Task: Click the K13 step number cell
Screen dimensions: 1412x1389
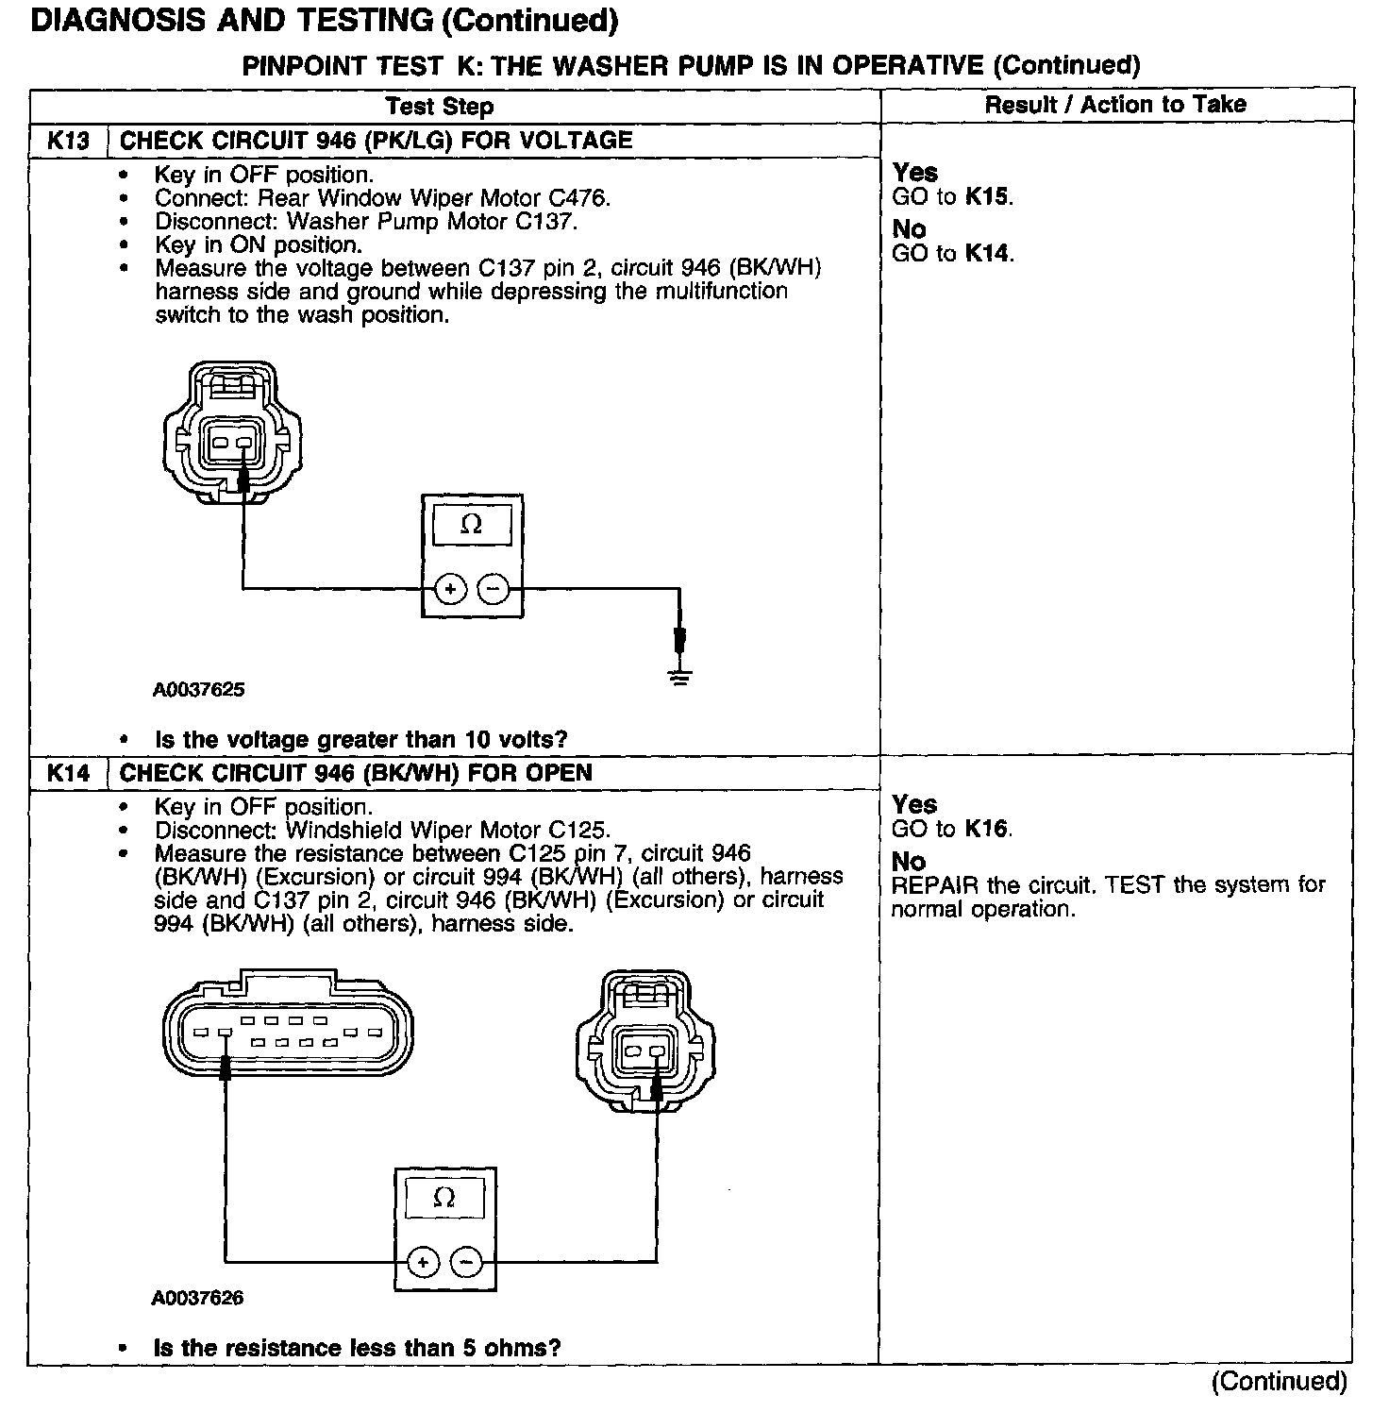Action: pos(69,141)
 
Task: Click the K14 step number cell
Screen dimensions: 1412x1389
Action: pos(69,773)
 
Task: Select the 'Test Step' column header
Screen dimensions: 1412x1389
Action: pos(440,106)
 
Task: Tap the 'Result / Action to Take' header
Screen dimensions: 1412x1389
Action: pos(1115,105)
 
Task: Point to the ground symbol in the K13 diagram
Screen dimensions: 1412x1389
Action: pos(680,674)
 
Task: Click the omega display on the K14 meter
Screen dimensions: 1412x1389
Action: pos(443,1199)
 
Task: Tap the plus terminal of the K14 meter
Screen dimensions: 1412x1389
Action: pos(423,1262)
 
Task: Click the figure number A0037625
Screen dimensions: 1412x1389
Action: pos(199,690)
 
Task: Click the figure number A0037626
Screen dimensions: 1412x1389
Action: pos(197,1299)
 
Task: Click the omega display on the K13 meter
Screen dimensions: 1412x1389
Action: pos(471,526)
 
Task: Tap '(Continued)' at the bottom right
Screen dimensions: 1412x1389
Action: pos(1280,1381)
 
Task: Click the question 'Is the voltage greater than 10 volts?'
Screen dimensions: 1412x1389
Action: pos(361,739)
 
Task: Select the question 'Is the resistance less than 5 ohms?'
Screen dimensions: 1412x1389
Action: pos(358,1348)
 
